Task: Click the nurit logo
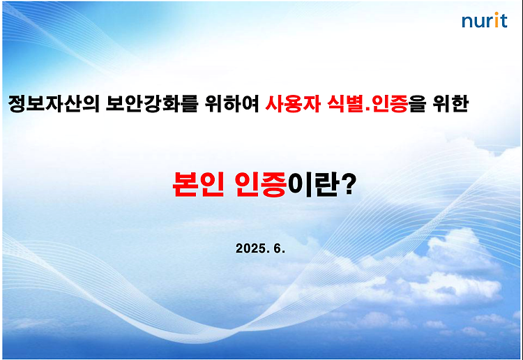(x=485, y=20)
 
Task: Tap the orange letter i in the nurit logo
(x=496, y=20)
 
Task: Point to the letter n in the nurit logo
(x=467, y=22)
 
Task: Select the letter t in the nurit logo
(x=503, y=21)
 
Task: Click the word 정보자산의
(x=54, y=104)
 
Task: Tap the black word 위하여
(x=232, y=104)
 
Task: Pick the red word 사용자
(x=293, y=104)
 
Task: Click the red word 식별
(x=346, y=104)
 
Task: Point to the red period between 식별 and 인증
(x=368, y=110)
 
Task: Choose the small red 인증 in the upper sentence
(x=390, y=104)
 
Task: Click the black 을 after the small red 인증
(x=418, y=104)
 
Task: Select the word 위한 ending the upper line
(x=450, y=104)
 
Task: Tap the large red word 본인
(x=198, y=184)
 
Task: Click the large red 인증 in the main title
(x=261, y=184)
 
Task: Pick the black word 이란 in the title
(x=313, y=184)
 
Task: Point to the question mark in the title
(x=349, y=183)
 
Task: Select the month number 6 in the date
(x=278, y=248)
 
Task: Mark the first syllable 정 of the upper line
(x=17, y=104)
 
